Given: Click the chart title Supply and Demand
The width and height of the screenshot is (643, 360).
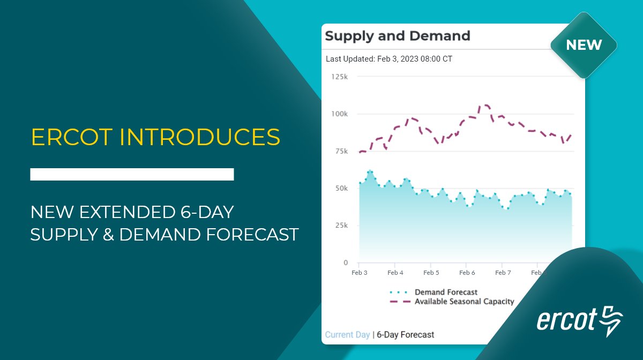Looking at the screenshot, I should click(397, 36).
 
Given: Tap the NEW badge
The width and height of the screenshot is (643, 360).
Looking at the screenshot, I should click(584, 45).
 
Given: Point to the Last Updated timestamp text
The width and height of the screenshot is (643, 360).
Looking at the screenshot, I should click(389, 59).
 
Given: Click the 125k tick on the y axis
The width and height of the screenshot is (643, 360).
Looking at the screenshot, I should click(340, 77).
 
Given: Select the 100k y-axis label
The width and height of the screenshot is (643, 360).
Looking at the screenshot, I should click(340, 114).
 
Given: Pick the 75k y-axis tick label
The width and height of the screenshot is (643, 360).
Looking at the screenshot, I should click(341, 152).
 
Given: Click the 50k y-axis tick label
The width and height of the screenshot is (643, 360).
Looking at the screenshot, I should click(341, 189).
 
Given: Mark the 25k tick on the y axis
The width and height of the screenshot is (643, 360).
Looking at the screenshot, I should click(341, 226).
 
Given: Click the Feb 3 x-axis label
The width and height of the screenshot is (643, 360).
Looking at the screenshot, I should click(360, 273).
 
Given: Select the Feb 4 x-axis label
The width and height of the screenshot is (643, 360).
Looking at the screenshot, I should click(395, 273).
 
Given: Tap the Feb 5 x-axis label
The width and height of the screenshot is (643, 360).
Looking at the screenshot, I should click(431, 273).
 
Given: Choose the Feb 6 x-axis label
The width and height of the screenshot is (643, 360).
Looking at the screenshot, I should click(467, 273).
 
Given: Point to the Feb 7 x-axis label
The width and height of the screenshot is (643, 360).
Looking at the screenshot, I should click(503, 273).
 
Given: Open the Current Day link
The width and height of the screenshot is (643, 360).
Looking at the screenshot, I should click(347, 335).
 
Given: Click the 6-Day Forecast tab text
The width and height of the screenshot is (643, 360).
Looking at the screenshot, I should click(406, 335).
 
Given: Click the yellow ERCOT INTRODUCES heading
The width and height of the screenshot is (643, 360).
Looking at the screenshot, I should click(155, 137).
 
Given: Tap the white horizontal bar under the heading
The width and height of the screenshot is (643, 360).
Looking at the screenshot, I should click(132, 174).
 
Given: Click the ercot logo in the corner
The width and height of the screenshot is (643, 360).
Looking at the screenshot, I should click(579, 320).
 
